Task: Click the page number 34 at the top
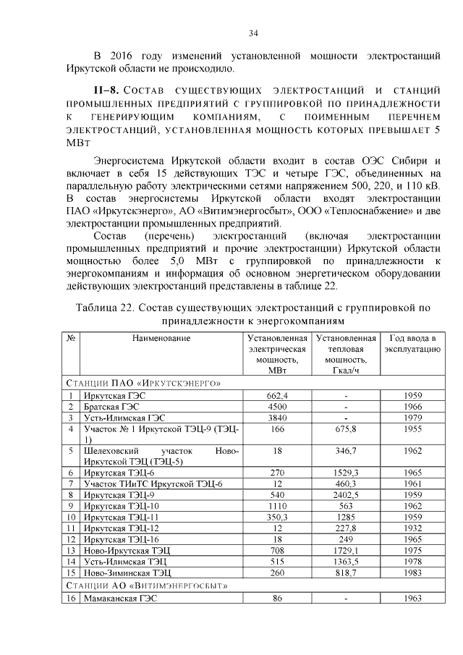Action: click(254, 33)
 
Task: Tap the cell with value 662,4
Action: click(277, 394)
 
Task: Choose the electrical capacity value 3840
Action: click(277, 418)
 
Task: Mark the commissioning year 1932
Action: click(412, 528)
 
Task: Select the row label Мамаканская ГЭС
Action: click(120, 599)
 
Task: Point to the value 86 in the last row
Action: click(277, 599)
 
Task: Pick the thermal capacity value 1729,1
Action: click(346, 550)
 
